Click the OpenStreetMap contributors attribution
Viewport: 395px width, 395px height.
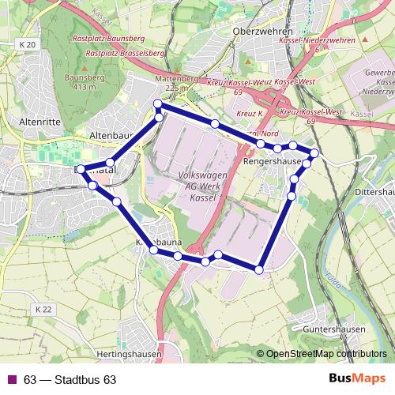tap(326, 354)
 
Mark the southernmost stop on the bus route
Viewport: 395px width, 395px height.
tap(259, 270)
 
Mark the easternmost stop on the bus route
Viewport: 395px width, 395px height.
tap(314, 153)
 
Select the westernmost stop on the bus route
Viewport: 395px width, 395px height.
tap(81, 169)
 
